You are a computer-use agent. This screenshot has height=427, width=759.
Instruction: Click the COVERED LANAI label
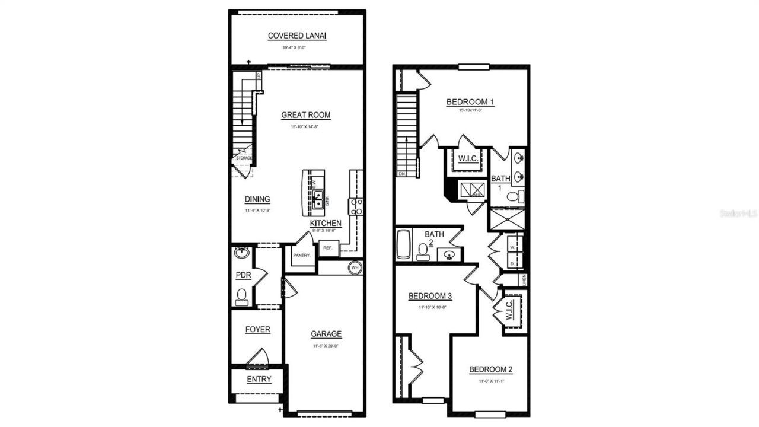297,36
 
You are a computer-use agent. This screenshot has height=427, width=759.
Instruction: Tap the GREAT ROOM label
306,115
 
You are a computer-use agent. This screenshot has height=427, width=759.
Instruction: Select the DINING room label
257,199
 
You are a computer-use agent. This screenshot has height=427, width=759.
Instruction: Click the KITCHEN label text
326,222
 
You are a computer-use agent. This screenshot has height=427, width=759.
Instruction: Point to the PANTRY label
301,256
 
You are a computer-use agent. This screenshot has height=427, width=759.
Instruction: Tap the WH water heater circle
355,267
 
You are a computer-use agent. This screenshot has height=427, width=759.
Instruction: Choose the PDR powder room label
243,275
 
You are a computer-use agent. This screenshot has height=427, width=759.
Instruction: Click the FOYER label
257,329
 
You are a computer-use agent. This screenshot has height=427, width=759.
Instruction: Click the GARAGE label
326,334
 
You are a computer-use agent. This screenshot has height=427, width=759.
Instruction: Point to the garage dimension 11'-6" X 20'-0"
326,346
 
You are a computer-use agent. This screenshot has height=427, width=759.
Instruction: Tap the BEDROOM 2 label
490,369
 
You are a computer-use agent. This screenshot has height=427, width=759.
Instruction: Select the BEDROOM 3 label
430,296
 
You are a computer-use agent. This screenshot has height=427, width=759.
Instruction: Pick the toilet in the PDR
241,295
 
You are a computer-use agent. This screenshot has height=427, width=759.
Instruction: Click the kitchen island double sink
318,199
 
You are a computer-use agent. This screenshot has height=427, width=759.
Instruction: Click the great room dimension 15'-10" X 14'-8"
306,126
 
